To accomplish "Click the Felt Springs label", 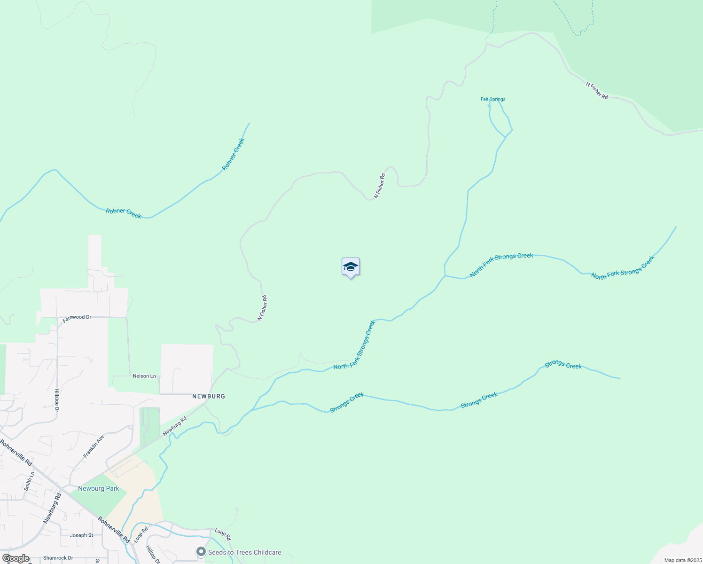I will [492, 99].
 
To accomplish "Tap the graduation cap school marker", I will [351, 267].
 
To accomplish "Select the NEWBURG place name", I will [209, 396].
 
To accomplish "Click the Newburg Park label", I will [99, 488].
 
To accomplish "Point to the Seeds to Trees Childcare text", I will [244, 552].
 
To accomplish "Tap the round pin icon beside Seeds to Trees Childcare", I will [201, 552].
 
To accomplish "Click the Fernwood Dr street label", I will [77, 317].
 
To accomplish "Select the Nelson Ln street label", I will [144, 376].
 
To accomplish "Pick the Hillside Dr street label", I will [57, 400].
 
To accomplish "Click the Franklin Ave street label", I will [94, 446].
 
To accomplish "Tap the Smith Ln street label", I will [30, 481].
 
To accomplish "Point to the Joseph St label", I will [81, 535].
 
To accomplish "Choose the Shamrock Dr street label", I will [58, 558].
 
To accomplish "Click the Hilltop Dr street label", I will [153, 555].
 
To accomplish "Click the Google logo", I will [16, 558].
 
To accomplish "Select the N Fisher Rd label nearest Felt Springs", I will [597, 91].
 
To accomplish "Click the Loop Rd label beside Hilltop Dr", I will [141, 535].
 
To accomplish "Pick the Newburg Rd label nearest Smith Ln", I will [52, 508].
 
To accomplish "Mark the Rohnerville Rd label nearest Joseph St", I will [114, 530].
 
